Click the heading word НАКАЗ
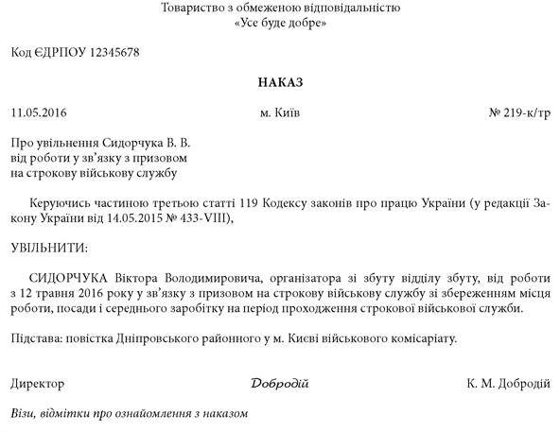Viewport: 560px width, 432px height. click(280, 83)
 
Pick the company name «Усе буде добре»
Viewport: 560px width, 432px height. click(280, 23)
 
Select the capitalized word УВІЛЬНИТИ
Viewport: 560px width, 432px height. click(47, 248)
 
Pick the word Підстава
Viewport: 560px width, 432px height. click(35, 337)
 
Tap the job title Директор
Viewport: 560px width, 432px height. click(38, 384)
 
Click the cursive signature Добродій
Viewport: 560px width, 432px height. click(280, 384)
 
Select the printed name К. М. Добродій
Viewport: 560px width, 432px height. click(508, 384)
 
